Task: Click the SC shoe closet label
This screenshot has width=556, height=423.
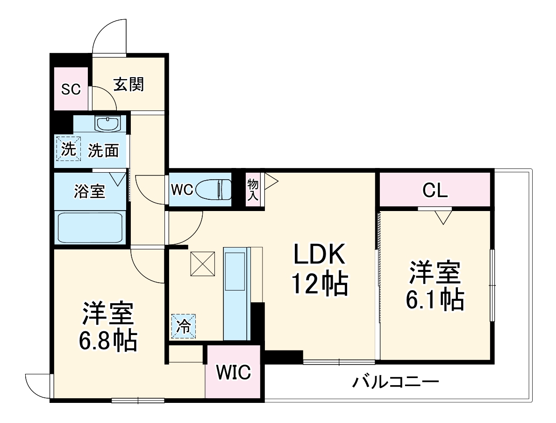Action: click(x=71, y=89)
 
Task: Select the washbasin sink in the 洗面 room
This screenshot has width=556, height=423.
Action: click(x=108, y=124)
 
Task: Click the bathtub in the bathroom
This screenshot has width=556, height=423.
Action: click(x=90, y=227)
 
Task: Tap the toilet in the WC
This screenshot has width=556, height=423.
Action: click(x=213, y=190)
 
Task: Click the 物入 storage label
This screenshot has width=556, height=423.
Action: click(x=253, y=190)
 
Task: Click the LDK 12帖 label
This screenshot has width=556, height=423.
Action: click(x=320, y=269)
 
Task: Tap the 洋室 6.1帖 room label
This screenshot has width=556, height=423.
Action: click(x=435, y=285)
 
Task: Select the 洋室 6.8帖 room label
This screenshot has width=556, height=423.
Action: click(x=108, y=327)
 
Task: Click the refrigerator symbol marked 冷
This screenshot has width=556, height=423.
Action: click(x=184, y=326)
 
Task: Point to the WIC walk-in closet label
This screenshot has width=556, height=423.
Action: click(x=233, y=372)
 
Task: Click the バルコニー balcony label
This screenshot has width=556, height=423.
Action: click(x=395, y=383)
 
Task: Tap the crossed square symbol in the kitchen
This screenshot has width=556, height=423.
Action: click(x=203, y=263)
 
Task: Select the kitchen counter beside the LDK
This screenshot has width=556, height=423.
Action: click(x=237, y=293)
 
